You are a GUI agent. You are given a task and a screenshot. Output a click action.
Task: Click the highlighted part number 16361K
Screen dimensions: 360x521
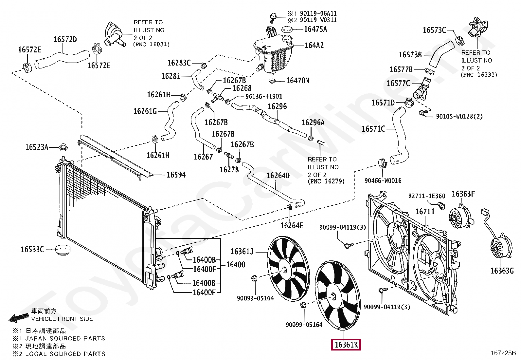(x=346, y=345)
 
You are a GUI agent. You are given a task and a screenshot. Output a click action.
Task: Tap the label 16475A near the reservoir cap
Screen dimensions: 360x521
(x=315, y=29)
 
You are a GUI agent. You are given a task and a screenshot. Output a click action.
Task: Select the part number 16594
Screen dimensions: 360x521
(x=176, y=175)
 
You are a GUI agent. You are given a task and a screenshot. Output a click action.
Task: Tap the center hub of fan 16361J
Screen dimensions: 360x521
(x=284, y=270)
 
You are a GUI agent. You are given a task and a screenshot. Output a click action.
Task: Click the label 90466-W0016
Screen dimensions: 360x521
(x=383, y=180)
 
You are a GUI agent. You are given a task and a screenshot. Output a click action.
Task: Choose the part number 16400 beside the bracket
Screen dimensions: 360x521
(x=236, y=265)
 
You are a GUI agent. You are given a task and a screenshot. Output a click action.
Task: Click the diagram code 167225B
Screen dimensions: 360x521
(x=503, y=353)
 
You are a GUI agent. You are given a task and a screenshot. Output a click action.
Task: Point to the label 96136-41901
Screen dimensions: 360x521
(x=264, y=96)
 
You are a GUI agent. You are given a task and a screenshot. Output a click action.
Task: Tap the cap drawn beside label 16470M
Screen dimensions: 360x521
(x=272, y=81)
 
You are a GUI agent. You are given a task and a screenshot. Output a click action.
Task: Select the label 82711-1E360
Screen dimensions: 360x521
(x=427, y=196)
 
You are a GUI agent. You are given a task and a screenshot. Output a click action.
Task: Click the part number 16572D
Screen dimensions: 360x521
(x=65, y=40)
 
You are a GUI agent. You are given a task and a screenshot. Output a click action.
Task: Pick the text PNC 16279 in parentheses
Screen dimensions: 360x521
(x=326, y=181)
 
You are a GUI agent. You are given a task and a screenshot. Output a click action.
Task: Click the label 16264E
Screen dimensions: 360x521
(x=292, y=225)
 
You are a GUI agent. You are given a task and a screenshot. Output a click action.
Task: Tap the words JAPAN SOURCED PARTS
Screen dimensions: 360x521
(x=65, y=338)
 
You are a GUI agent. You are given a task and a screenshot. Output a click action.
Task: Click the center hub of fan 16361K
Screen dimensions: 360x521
(x=334, y=297)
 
